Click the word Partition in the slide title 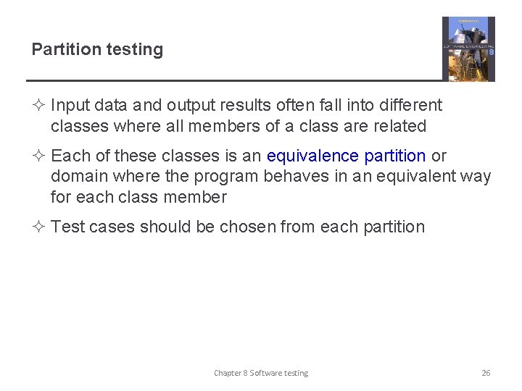(x=65, y=49)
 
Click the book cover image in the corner (x=468, y=49)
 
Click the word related (x=399, y=126)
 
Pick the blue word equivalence (x=312, y=156)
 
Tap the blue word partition (x=395, y=156)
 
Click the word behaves (x=294, y=176)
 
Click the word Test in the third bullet (x=66, y=227)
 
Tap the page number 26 (x=486, y=373)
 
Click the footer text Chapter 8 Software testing (x=260, y=373)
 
